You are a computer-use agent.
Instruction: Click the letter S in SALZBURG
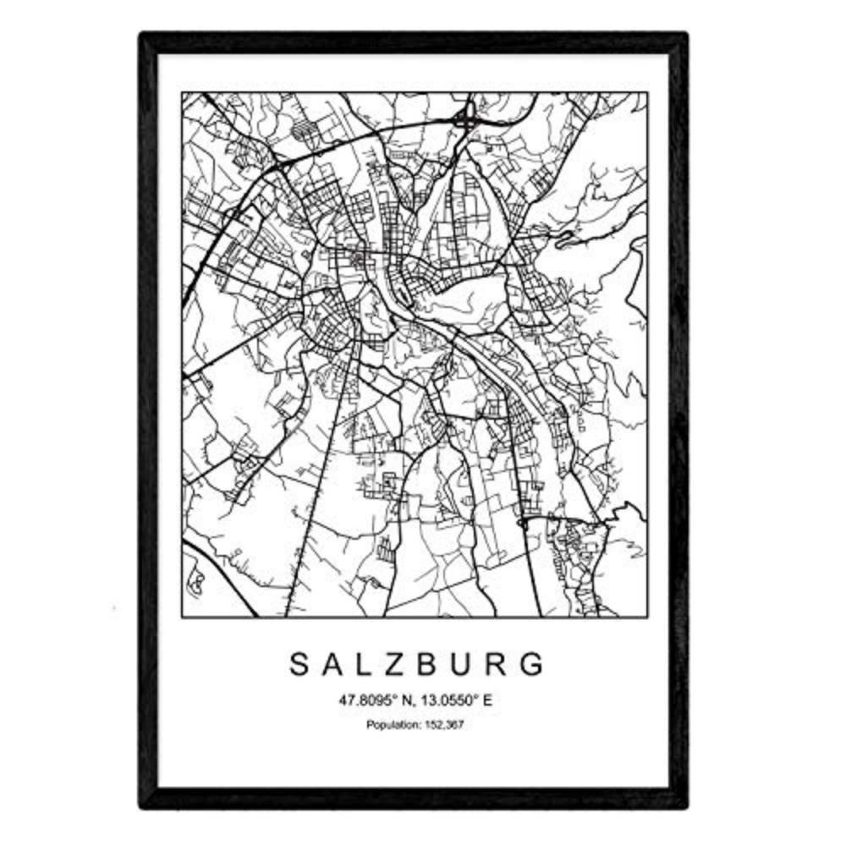(299, 665)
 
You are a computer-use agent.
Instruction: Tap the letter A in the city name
(332, 665)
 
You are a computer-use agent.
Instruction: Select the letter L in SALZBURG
(365, 665)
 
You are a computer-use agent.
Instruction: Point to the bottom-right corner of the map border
(647, 617)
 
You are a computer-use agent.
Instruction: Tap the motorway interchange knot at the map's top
(464, 120)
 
